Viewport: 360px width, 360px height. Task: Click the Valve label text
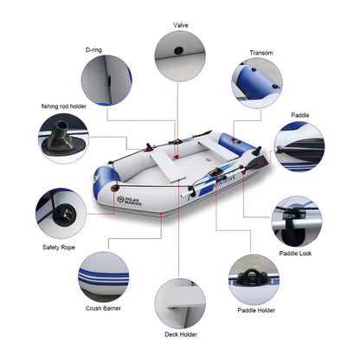click(181, 25)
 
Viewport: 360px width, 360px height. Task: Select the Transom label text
click(261, 53)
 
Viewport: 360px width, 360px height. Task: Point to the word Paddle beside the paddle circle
click(299, 113)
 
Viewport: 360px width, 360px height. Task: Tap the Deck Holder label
click(180, 333)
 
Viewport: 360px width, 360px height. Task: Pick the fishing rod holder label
click(62, 106)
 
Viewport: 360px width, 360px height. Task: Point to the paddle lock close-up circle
click(299, 222)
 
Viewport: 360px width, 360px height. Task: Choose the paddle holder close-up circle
click(254, 276)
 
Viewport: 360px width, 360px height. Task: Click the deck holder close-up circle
click(180, 301)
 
